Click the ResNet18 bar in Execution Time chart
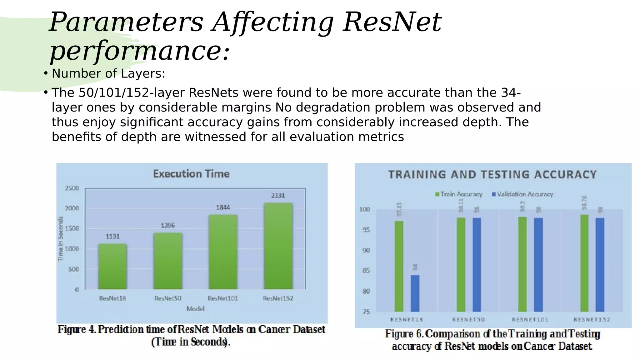click(x=112, y=266)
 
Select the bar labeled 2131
click(x=278, y=246)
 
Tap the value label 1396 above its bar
click(x=168, y=225)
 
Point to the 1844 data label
click(x=223, y=207)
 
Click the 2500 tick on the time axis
click(x=72, y=188)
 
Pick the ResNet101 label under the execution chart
click(x=223, y=298)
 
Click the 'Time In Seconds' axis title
click(x=61, y=239)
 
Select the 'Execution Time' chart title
click(x=191, y=174)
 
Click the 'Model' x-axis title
click(x=195, y=309)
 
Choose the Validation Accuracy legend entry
click(x=522, y=194)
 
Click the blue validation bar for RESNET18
click(x=415, y=293)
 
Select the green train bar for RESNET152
click(x=584, y=263)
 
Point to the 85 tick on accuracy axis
click(x=366, y=271)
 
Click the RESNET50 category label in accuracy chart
click(x=468, y=320)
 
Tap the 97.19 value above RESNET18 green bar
click(x=399, y=209)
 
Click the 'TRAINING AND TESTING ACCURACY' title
click(x=492, y=174)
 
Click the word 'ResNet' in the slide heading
click(x=392, y=22)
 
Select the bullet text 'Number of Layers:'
click(x=108, y=74)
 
